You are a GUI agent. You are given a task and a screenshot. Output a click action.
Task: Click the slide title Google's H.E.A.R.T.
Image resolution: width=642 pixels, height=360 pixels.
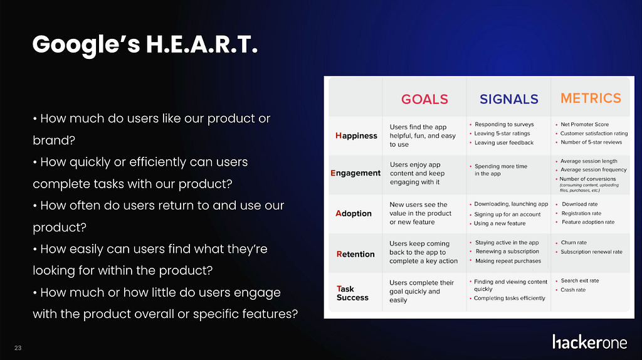click(145, 45)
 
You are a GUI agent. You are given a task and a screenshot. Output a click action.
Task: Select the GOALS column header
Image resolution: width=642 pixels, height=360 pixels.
click(424, 99)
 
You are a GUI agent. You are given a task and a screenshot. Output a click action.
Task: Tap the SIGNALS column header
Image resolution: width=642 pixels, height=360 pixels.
click(509, 99)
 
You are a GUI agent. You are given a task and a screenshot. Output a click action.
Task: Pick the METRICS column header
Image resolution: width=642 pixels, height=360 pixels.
click(591, 98)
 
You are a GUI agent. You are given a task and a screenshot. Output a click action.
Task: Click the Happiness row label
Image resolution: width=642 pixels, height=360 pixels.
click(356, 135)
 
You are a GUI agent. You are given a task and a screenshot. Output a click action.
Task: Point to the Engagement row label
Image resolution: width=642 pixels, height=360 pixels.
click(355, 173)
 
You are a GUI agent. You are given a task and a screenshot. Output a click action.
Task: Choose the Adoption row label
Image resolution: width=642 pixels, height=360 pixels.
click(354, 213)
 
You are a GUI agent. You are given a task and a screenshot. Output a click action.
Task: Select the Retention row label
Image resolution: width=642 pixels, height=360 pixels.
click(355, 254)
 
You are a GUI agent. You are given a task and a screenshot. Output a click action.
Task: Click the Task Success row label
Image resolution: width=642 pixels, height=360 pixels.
click(352, 294)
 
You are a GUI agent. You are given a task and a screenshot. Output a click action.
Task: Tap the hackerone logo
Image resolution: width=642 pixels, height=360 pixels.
click(589, 342)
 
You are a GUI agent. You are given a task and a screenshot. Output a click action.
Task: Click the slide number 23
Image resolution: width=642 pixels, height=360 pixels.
click(18, 348)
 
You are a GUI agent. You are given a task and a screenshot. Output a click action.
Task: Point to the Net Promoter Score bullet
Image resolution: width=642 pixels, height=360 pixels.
click(585, 125)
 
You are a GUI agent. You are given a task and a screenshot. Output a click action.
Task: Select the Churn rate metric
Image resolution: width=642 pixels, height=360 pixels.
click(574, 243)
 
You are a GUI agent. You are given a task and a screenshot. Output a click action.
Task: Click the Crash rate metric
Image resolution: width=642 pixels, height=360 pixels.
click(573, 290)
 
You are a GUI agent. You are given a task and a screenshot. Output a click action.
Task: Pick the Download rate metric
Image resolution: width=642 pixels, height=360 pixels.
click(579, 204)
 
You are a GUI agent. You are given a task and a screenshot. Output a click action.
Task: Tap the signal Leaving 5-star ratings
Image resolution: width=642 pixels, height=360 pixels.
click(502, 134)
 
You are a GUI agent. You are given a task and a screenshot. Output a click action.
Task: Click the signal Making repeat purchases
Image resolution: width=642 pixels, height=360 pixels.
click(508, 261)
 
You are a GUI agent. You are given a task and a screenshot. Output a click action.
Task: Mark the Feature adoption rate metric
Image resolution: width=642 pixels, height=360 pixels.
click(588, 222)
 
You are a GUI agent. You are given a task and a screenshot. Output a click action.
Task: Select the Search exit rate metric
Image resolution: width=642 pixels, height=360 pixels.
click(580, 280)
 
